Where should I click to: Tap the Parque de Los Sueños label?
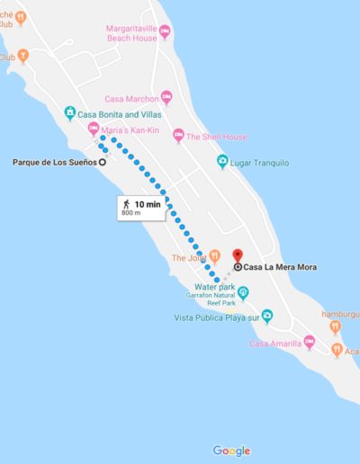[x=53, y=163]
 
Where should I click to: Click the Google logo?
[x=231, y=451]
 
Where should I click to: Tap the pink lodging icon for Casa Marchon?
[x=166, y=96]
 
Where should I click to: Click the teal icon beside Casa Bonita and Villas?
[x=69, y=112]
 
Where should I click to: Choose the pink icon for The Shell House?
[x=178, y=136]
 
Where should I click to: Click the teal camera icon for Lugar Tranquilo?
[x=222, y=162]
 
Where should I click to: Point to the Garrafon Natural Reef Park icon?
[x=242, y=291]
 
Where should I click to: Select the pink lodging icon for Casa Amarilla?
[x=309, y=343]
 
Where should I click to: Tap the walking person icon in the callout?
[x=125, y=204]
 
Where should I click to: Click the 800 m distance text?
[x=131, y=214]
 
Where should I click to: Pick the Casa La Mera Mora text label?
[x=281, y=267]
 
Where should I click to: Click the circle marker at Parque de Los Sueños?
[x=102, y=163]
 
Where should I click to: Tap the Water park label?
[x=211, y=289]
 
